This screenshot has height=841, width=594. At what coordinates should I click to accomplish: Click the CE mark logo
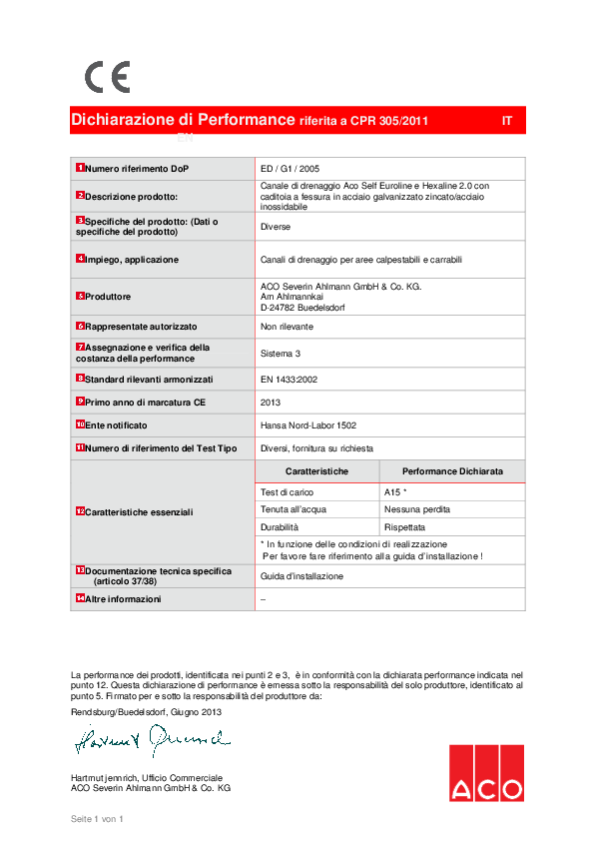coord(107,77)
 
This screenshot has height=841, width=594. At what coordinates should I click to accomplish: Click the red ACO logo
coord(485,772)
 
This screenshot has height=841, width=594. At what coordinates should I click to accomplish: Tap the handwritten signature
coord(150,741)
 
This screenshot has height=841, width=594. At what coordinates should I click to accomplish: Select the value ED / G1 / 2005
coord(290,169)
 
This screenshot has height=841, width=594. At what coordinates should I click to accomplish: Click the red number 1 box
coord(80,169)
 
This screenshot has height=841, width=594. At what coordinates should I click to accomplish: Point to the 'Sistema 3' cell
coord(281,354)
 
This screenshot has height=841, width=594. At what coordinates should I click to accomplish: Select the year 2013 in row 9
coord(272,402)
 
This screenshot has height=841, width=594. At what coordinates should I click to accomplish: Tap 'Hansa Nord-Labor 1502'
coord(307,425)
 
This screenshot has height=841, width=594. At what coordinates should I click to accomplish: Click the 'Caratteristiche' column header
coord(316,470)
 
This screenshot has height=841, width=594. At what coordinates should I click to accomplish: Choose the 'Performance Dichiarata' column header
coord(452,470)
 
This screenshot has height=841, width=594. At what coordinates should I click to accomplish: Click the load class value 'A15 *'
coord(395,492)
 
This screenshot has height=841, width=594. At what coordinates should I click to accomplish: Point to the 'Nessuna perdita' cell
coord(416,509)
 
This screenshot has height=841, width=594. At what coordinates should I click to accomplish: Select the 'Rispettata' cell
coord(404,526)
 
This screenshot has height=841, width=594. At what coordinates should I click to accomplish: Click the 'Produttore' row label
coord(108,297)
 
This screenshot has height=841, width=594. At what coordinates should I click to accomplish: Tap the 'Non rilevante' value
coord(287,327)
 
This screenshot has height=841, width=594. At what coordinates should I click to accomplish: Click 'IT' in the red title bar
coord(507,121)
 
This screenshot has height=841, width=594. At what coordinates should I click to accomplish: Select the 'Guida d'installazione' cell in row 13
coord(301,576)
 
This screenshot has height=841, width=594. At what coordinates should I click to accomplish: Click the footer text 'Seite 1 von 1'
coord(96,819)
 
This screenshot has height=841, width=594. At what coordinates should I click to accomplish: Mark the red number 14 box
coord(80,598)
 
